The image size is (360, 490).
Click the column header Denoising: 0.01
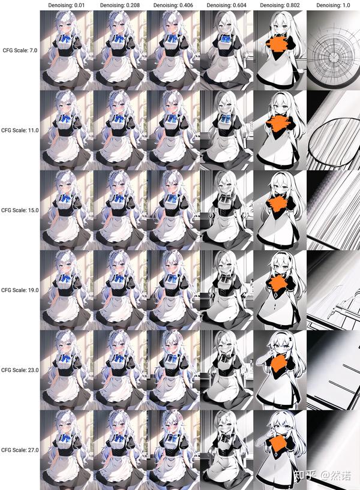coord(67,5)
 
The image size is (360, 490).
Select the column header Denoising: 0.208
coord(120,5)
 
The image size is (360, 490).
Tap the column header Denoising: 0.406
coord(173,5)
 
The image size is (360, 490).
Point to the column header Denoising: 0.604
coord(227,5)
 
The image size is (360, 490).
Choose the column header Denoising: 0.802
coord(280,5)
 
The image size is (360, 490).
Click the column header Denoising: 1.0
coord(333,5)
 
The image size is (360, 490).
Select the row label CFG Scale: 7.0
coord(20,50)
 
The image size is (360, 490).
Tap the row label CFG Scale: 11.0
coord(20,130)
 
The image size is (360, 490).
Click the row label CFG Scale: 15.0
coord(20,211)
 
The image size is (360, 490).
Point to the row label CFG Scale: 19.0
coord(20,290)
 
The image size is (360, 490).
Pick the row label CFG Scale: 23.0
coord(20,370)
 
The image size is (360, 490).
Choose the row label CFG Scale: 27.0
coord(20,450)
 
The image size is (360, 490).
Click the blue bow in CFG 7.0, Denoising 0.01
coord(65,38)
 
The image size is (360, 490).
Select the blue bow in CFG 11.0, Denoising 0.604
coord(226,119)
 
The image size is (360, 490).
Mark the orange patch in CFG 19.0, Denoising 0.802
coord(277,284)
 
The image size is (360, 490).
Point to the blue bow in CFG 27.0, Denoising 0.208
coord(119,438)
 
